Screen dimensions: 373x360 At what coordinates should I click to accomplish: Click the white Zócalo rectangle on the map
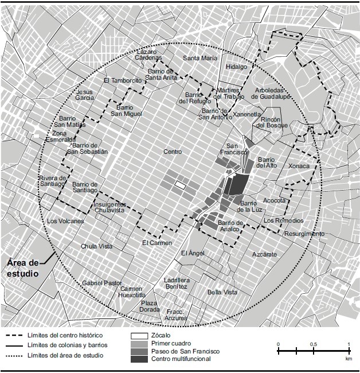(x=181, y=185)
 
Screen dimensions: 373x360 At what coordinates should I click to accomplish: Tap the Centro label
(x=173, y=152)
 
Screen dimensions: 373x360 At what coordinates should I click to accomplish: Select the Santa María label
(x=200, y=58)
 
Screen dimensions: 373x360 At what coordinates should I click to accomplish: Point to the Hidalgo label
(x=236, y=67)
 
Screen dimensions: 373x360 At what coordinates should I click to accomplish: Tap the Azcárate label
(x=264, y=254)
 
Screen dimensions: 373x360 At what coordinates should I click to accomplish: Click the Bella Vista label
(x=222, y=292)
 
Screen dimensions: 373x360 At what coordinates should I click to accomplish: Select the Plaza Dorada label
(x=150, y=306)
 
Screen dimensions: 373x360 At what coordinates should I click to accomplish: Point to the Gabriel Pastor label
(x=102, y=283)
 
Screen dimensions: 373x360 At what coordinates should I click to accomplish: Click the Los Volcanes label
(x=65, y=221)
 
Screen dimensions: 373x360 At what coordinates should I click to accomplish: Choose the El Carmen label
(x=157, y=243)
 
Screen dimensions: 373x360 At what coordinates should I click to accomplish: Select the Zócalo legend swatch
(x=139, y=335)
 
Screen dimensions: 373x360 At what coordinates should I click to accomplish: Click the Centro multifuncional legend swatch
(x=139, y=359)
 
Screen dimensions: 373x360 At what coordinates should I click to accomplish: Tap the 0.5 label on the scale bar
(x=314, y=344)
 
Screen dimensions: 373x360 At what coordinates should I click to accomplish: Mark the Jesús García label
(x=85, y=95)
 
